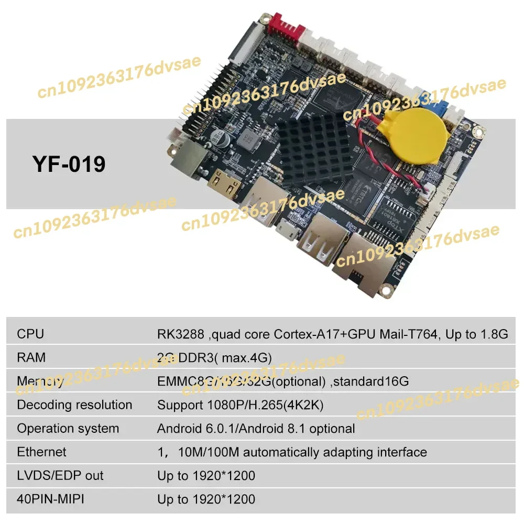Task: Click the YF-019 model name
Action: tap(69, 164)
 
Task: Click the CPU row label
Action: tap(30, 334)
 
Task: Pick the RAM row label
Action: tap(31, 357)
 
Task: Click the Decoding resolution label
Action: tap(74, 405)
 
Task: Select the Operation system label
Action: tap(68, 428)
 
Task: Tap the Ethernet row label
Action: tap(41, 452)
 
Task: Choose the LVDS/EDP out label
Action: tap(60, 475)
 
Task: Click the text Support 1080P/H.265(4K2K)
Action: tap(248, 405)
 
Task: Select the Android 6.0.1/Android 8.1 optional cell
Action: tap(256, 428)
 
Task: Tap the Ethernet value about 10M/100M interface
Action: tap(292, 452)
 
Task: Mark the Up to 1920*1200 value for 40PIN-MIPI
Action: tap(206, 499)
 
